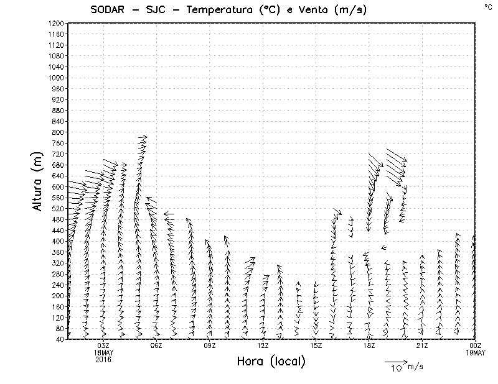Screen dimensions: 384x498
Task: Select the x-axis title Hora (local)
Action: coord(271,362)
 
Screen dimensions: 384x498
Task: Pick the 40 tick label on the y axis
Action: coord(60,339)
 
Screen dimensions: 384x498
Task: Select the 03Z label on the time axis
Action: coord(103,345)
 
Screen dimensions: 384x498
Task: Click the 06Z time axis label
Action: coord(156,345)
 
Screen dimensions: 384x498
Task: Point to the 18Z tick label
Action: coord(369,345)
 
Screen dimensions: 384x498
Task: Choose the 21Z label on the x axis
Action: coord(422,345)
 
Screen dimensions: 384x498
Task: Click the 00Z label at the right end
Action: coord(476,345)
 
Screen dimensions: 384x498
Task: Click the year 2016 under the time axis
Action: coord(103,358)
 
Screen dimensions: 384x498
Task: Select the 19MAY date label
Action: coord(476,352)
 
